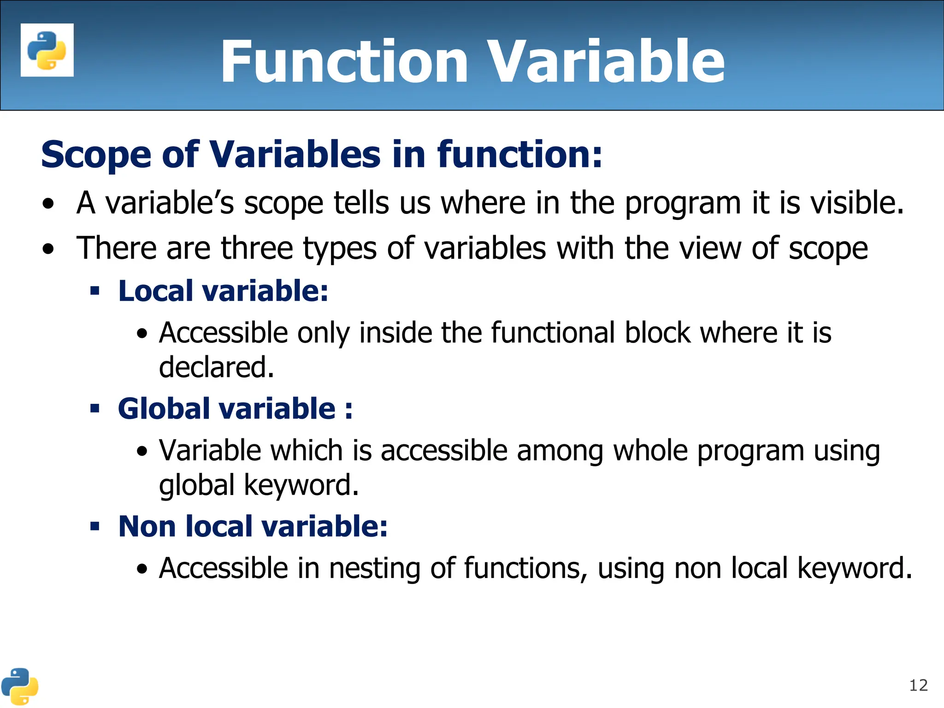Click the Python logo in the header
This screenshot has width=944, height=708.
click(47, 50)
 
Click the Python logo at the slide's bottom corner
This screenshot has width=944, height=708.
click(19, 686)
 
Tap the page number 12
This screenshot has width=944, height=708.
click(918, 685)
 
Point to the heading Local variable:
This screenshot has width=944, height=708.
click(223, 291)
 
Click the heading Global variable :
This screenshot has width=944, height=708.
click(235, 409)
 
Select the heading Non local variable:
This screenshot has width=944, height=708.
click(253, 526)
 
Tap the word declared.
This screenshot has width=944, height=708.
click(216, 367)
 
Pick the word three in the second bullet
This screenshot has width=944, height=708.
click(257, 248)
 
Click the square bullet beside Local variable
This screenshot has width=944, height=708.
click(95, 291)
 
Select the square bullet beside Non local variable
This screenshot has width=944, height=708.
click(95, 526)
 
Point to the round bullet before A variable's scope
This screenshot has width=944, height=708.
click(48, 204)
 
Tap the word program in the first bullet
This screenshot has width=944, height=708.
click(683, 204)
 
